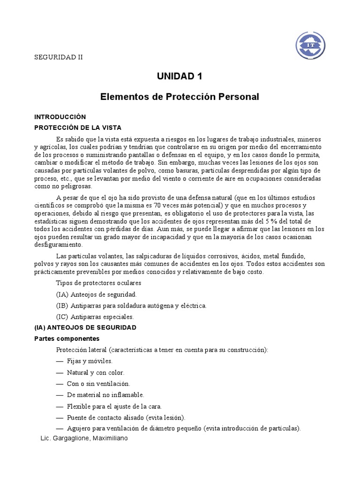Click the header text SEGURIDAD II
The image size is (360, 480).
pyautogui.click(x=59, y=58)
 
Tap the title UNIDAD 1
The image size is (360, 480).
pyautogui.click(x=180, y=77)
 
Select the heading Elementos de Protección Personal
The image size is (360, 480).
pyautogui.click(x=180, y=97)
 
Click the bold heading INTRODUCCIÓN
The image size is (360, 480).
pyautogui.click(x=60, y=117)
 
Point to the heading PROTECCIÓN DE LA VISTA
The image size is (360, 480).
pyautogui.click(x=78, y=127)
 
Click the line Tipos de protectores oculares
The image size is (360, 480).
pyautogui.click(x=98, y=283)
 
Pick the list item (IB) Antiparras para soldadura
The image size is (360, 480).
pyautogui.click(x=131, y=305)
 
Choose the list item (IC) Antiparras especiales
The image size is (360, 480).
pyautogui.click(x=95, y=316)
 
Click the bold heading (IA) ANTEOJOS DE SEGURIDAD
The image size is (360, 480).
pyautogui.click(x=85, y=327)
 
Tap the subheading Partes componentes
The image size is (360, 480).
pyautogui.click(x=67, y=338)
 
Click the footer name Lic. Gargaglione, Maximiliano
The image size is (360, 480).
pyautogui.click(x=84, y=438)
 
